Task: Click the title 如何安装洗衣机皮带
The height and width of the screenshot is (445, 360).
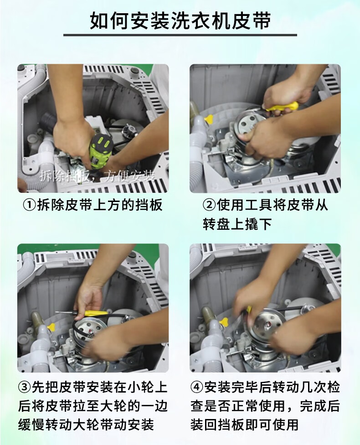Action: pyautogui.click(x=180, y=21)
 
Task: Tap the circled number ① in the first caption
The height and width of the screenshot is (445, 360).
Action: pyautogui.click(x=29, y=205)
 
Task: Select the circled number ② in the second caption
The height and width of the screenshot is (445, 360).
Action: pyautogui.click(x=209, y=205)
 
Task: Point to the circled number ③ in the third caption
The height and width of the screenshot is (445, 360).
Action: pyautogui.click(x=25, y=387)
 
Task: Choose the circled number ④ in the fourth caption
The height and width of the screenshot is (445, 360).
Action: pyautogui.click(x=197, y=387)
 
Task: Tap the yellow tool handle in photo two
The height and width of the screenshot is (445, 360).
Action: pyautogui.click(x=282, y=106)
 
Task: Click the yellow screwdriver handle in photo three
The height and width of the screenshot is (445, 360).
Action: pyautogui.click(x=96, y=313)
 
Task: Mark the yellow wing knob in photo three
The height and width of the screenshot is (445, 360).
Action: pyautogui.click(x=51, y=326)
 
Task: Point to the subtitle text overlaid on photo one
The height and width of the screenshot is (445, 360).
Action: pyautogui.click(x=97, y=176)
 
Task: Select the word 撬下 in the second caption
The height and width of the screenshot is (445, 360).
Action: pyautogui.click(x=258, y=224)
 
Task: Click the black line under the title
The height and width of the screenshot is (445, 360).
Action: pyautogui.click(x=180, y=35)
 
